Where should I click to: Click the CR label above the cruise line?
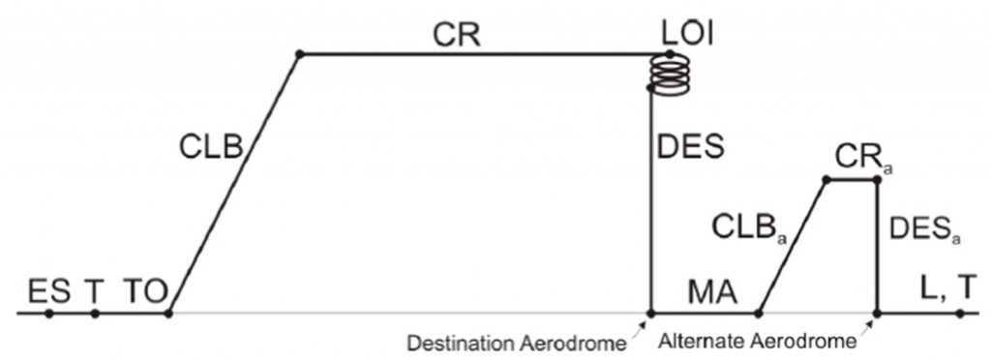tap(457, 35)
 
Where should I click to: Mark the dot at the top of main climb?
tap(299, 53)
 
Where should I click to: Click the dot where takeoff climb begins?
tap(169, 313)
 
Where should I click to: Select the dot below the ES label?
tap(49, 313)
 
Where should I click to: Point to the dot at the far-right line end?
tap(959, 313)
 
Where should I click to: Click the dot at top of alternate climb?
tap(826, 180)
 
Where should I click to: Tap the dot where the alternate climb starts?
tap(759, 313)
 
